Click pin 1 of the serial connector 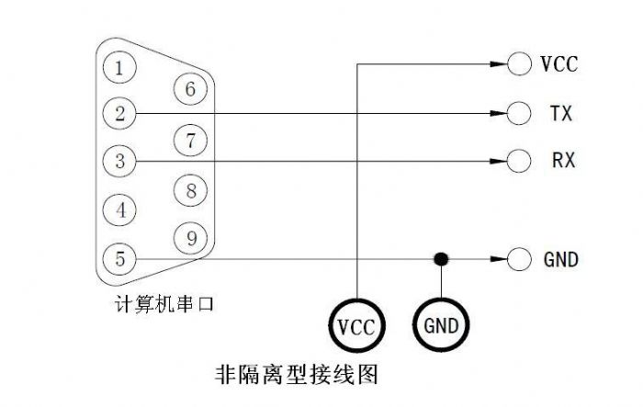(x=120, y=66)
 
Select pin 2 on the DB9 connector (x=120, y=114)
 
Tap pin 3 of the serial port (x=120, y=161)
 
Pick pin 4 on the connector (x=120, y=209)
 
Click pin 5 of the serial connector (x=120, y=259)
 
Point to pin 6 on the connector (x=190, y=89)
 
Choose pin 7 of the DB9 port (x=190, y=141)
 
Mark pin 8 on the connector (x=190, y=191)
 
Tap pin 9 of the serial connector (x=190, y=239)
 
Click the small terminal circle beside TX (x=520, y=114)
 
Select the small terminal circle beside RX (x=520, y=161)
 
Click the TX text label (x=561, y=114)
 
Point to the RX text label (x=563, y=161)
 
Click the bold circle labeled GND (x=442, y=324)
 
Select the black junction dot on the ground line (x=442, y=259)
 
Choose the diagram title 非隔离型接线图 (x=296, y=375)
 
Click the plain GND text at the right (x=559, y=260)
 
